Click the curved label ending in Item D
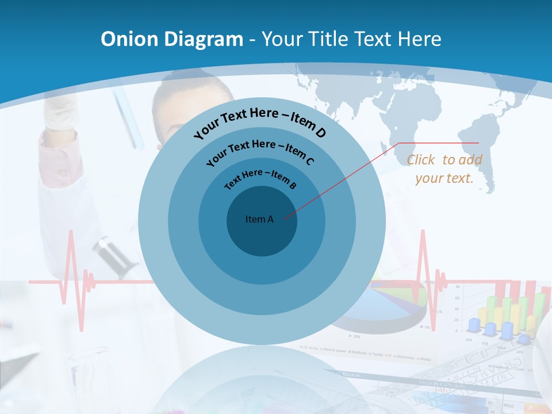[x=260, y=122]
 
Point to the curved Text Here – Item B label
[x=260, y=178]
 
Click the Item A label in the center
[x=260, y=219]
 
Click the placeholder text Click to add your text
[x=444, y=169]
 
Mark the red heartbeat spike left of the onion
[x=71, y=270]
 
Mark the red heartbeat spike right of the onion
[x=424, y=264]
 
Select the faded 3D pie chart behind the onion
[x=397, y=308]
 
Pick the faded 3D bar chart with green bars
[x=506, y=313]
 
